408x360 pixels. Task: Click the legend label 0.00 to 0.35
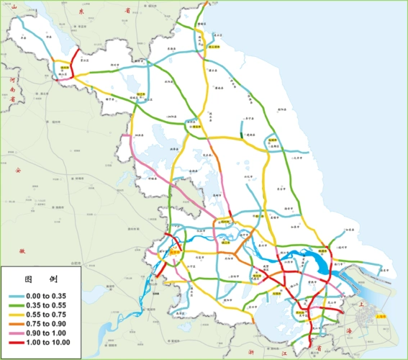(x=47, y=296)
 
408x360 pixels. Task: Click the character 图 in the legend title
(x=29, y=279)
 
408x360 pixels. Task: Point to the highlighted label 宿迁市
(x=142, y=95)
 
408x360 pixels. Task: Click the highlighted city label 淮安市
(x=194, y=123)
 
